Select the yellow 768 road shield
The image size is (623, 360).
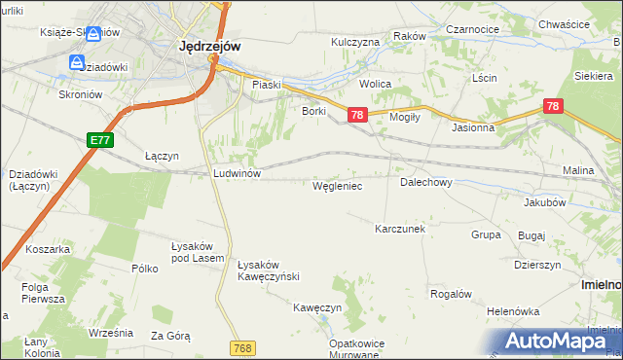tap(244, 347)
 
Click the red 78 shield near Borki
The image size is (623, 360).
tap(356, 116)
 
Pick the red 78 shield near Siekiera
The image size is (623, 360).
tap(552, 106)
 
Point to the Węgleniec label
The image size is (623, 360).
tap(337, 185)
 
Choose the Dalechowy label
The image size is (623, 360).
tap(426, 182)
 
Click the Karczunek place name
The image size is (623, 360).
tap(401, 229)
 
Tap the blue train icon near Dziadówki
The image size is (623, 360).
tap(77, 62)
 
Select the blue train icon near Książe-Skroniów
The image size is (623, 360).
tap(93, 34)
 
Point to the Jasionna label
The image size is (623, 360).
tap(473, 127)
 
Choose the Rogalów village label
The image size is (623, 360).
tap(451, 294)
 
